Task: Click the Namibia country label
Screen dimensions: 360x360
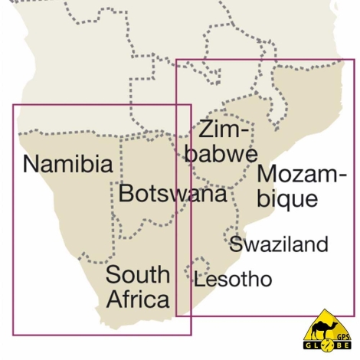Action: (67, 163)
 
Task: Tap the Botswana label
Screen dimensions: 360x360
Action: (173, 193)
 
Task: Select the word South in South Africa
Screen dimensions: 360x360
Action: (137, 274)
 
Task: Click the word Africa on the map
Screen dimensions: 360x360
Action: (137, 298)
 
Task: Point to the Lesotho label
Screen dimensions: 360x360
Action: (233, 280)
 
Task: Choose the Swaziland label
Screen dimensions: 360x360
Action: (279, 244)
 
